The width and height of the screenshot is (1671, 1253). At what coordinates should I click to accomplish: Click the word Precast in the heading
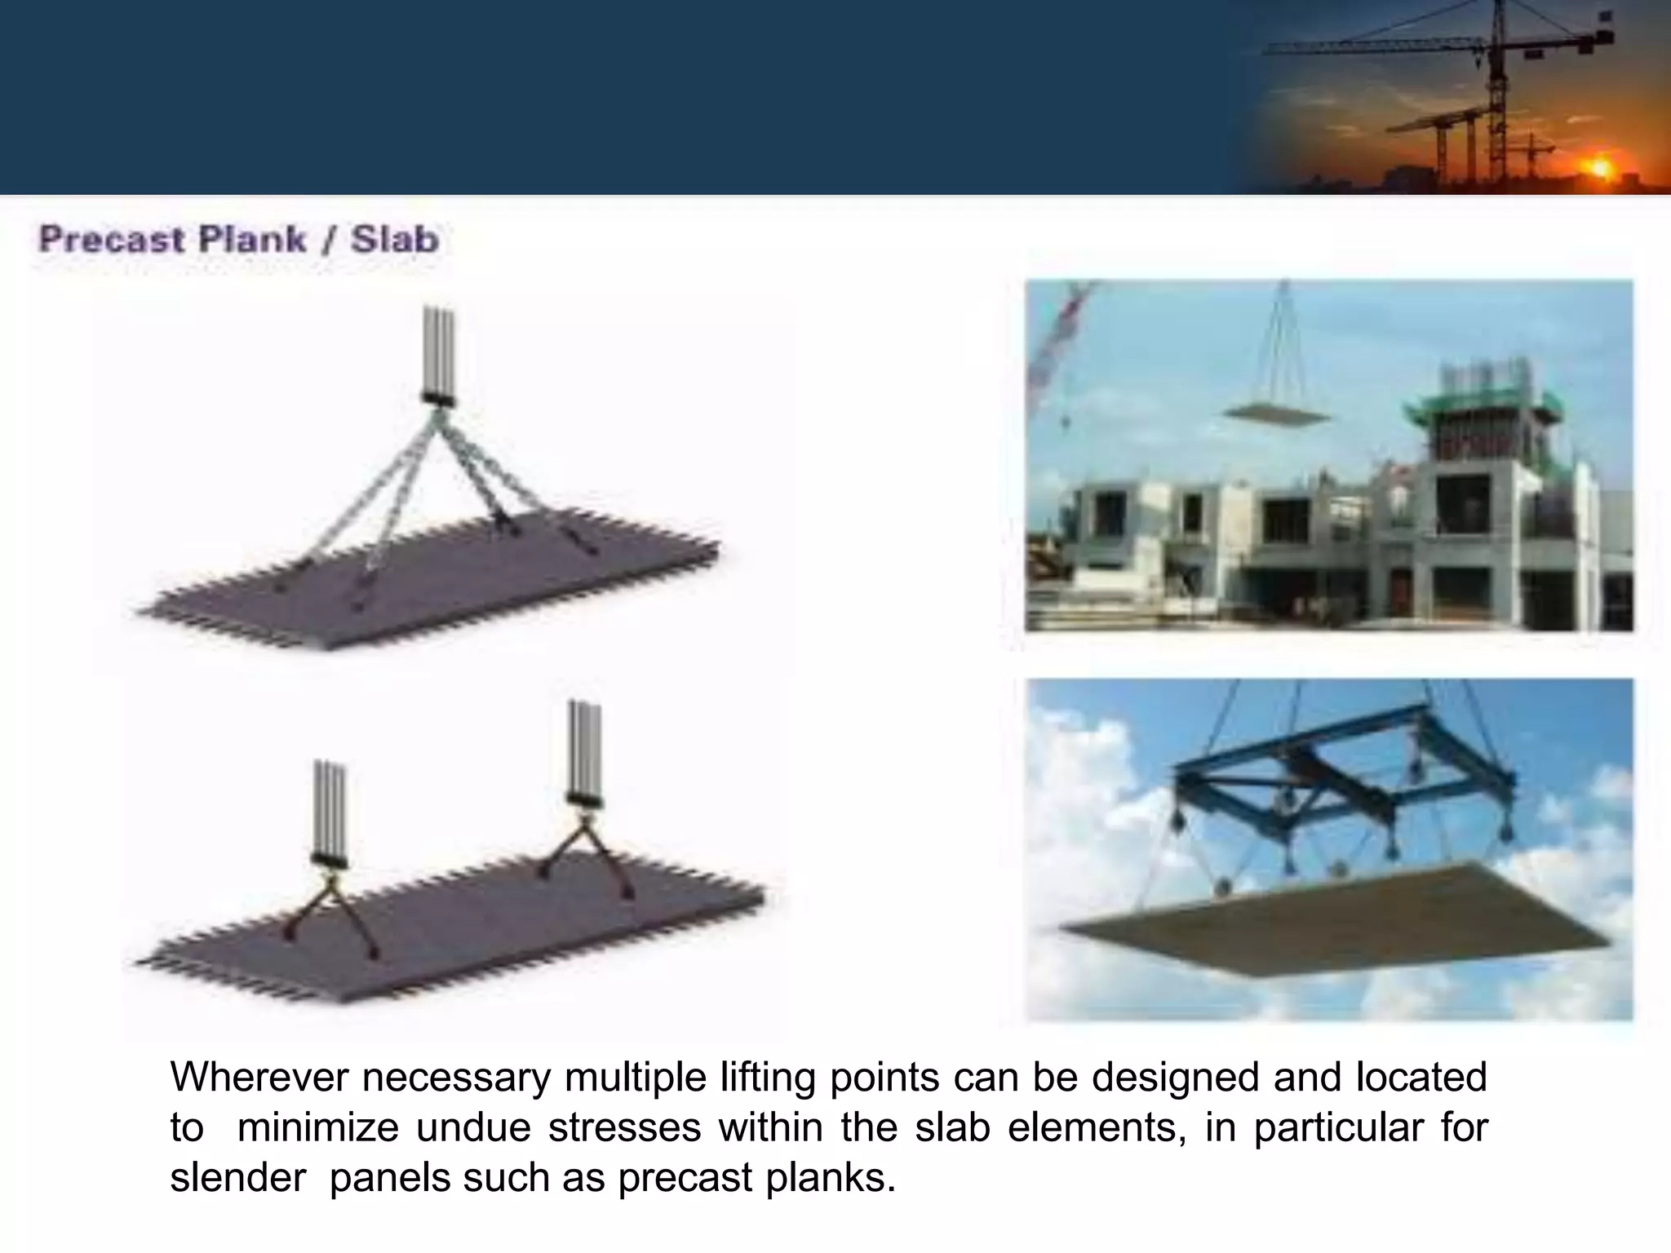coord(111,240)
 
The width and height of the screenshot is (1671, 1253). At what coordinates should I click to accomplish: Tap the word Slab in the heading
coord(394,240)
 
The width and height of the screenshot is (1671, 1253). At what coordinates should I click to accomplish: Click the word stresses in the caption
coord(624,1128)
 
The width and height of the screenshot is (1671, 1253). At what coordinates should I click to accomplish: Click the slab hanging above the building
coord(1278,414)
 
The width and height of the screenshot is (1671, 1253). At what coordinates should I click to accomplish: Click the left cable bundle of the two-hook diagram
coord(330,808)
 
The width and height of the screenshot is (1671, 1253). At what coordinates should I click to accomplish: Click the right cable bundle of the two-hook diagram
coord(584,746)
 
